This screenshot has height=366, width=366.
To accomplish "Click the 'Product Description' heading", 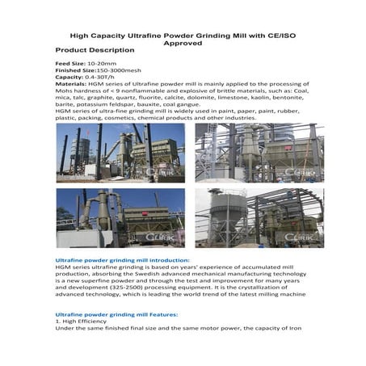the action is click(x=95, y=50).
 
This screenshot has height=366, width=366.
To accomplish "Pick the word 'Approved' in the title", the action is click(x=183, y=43).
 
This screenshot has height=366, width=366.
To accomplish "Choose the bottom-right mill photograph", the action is click(x=259, y=218).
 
